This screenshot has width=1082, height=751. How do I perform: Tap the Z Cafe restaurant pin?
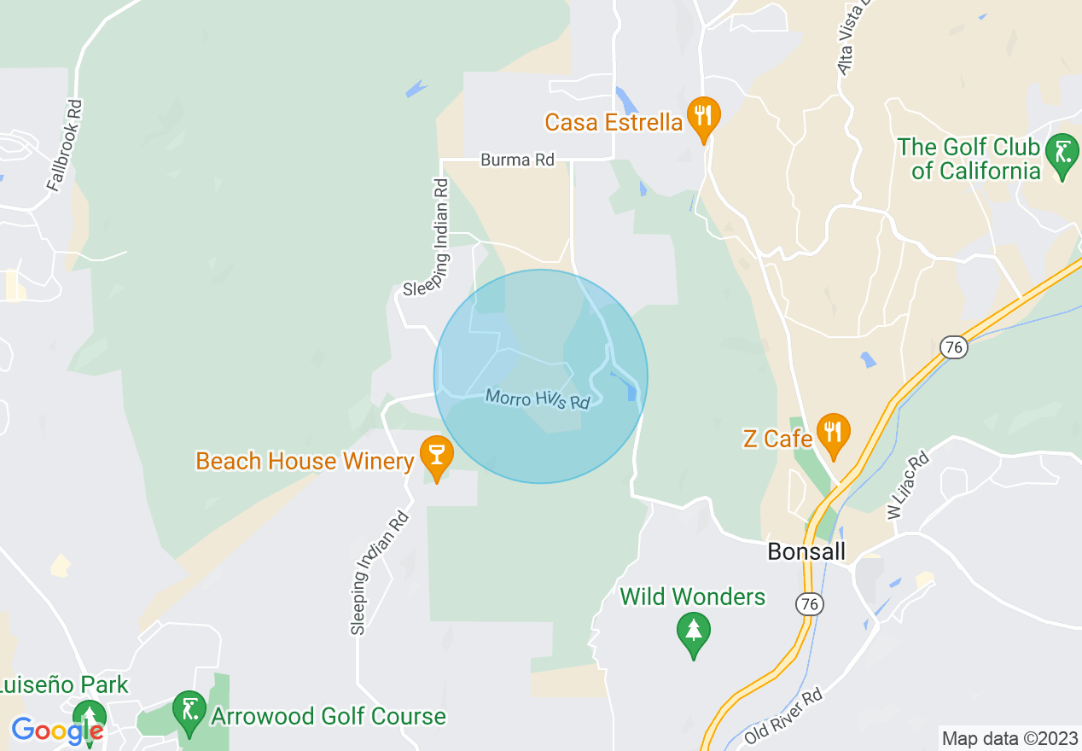point(833,433)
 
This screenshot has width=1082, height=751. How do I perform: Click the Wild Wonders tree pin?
point(693,633)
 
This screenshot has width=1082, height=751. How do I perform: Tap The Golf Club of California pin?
point(1062,154)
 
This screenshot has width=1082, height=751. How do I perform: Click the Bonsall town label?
point(806,551)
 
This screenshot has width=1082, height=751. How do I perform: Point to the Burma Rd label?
point(517,160)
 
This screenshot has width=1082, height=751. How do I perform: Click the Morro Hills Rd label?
point(538,399)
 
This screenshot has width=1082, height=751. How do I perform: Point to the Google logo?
point(56,731)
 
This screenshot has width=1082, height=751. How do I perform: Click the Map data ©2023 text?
point(1009,738)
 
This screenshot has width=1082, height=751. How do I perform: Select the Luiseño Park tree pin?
point(88,715)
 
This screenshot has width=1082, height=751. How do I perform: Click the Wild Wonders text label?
point(693,597)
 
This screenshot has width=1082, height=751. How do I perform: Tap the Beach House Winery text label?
point(305,462)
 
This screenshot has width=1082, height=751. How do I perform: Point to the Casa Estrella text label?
point(614,122)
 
